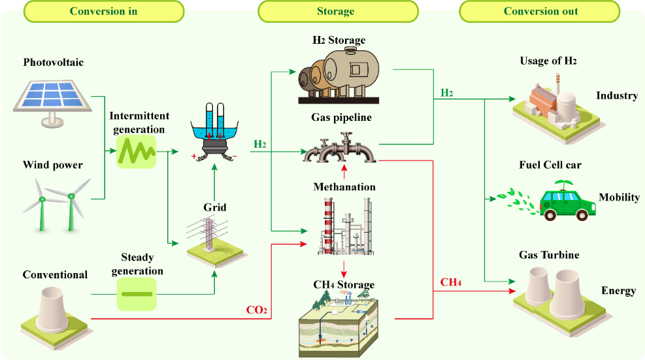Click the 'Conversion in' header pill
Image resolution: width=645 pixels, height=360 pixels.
tap(103, 11)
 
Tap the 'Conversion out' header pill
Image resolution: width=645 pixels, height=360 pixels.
tap(540, 11)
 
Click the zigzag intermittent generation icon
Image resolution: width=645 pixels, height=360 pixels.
tap(136, 152)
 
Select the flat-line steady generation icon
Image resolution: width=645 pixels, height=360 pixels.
tap(136, 293)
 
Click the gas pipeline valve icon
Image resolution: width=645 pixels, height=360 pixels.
tap(340, 150)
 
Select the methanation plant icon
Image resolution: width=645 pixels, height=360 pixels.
tap(344, 225)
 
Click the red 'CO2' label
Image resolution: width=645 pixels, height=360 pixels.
tap(256, 309)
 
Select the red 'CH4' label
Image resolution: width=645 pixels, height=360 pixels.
tap(451, 282)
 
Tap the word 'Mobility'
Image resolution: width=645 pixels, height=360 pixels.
tap(619, 197)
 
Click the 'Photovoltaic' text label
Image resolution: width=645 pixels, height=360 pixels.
tap(54, 63)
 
